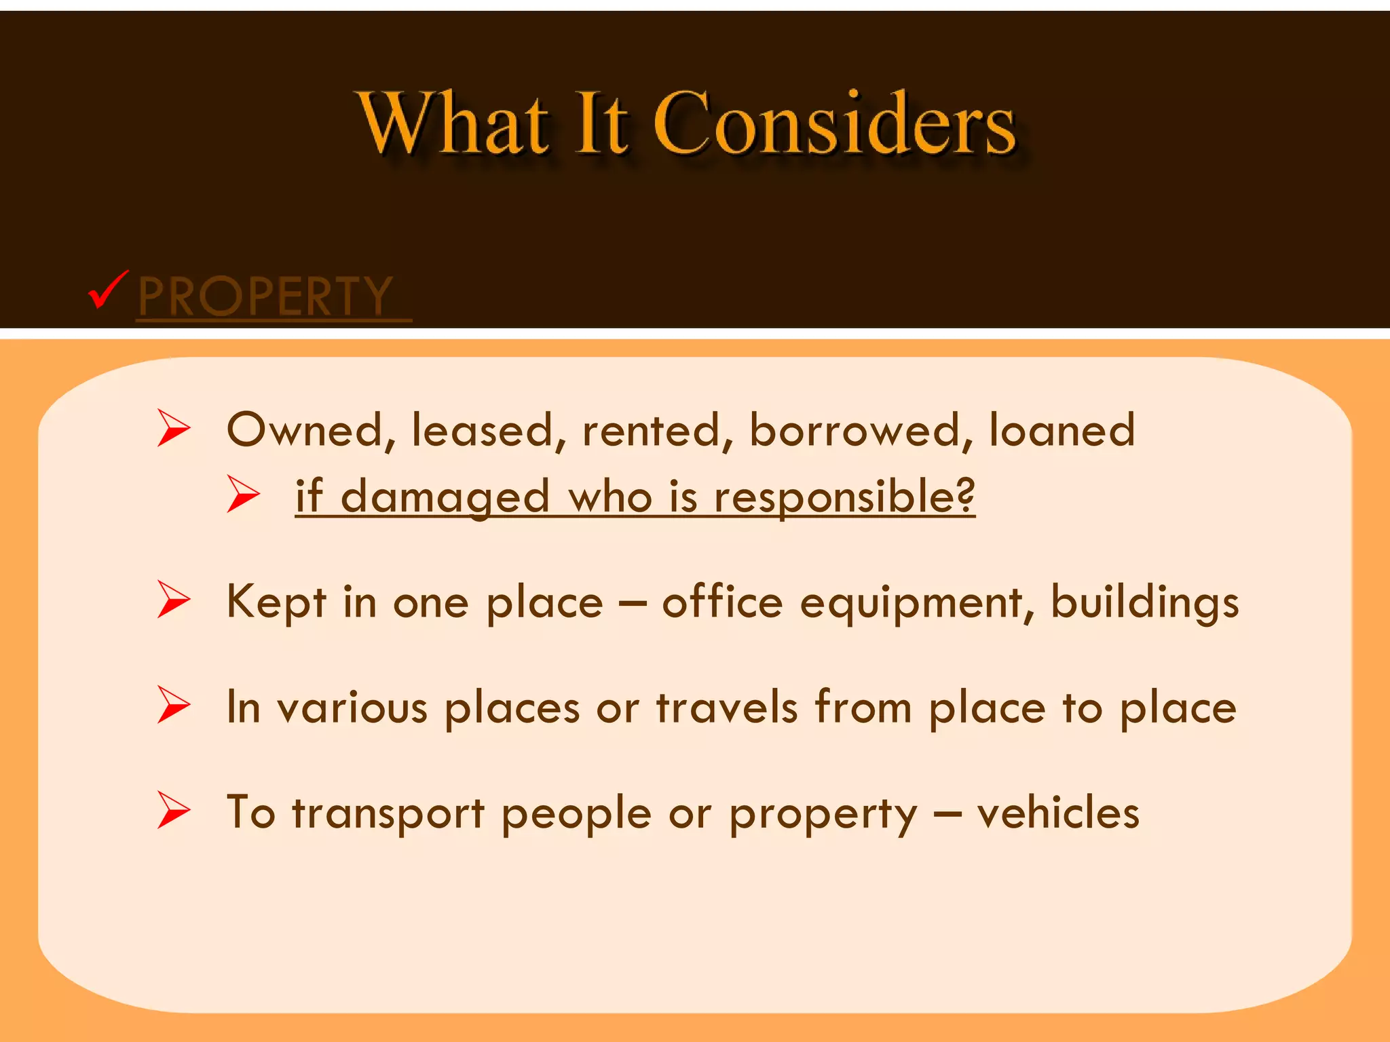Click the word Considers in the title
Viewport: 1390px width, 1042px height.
tap(834, 123)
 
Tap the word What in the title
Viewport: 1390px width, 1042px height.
tap(453, 123)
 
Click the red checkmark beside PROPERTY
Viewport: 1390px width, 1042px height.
tap(107, 290)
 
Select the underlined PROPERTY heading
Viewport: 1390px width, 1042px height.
tap(265, 296)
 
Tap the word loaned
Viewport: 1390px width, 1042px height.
tap(1062, 431)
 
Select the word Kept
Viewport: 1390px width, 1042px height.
tap(276, 602)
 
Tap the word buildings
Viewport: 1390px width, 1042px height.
tap(1144, 602)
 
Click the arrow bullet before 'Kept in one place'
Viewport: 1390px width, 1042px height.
tap(174, 598)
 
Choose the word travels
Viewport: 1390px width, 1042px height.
tap(727, 708)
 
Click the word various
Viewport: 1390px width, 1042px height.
tap(352, 708)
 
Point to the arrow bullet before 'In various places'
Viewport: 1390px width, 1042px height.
tap(174, 704)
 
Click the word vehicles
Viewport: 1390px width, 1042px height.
tap(1058, 813)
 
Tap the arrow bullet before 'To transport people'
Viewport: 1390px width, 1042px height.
tap(174, 809)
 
